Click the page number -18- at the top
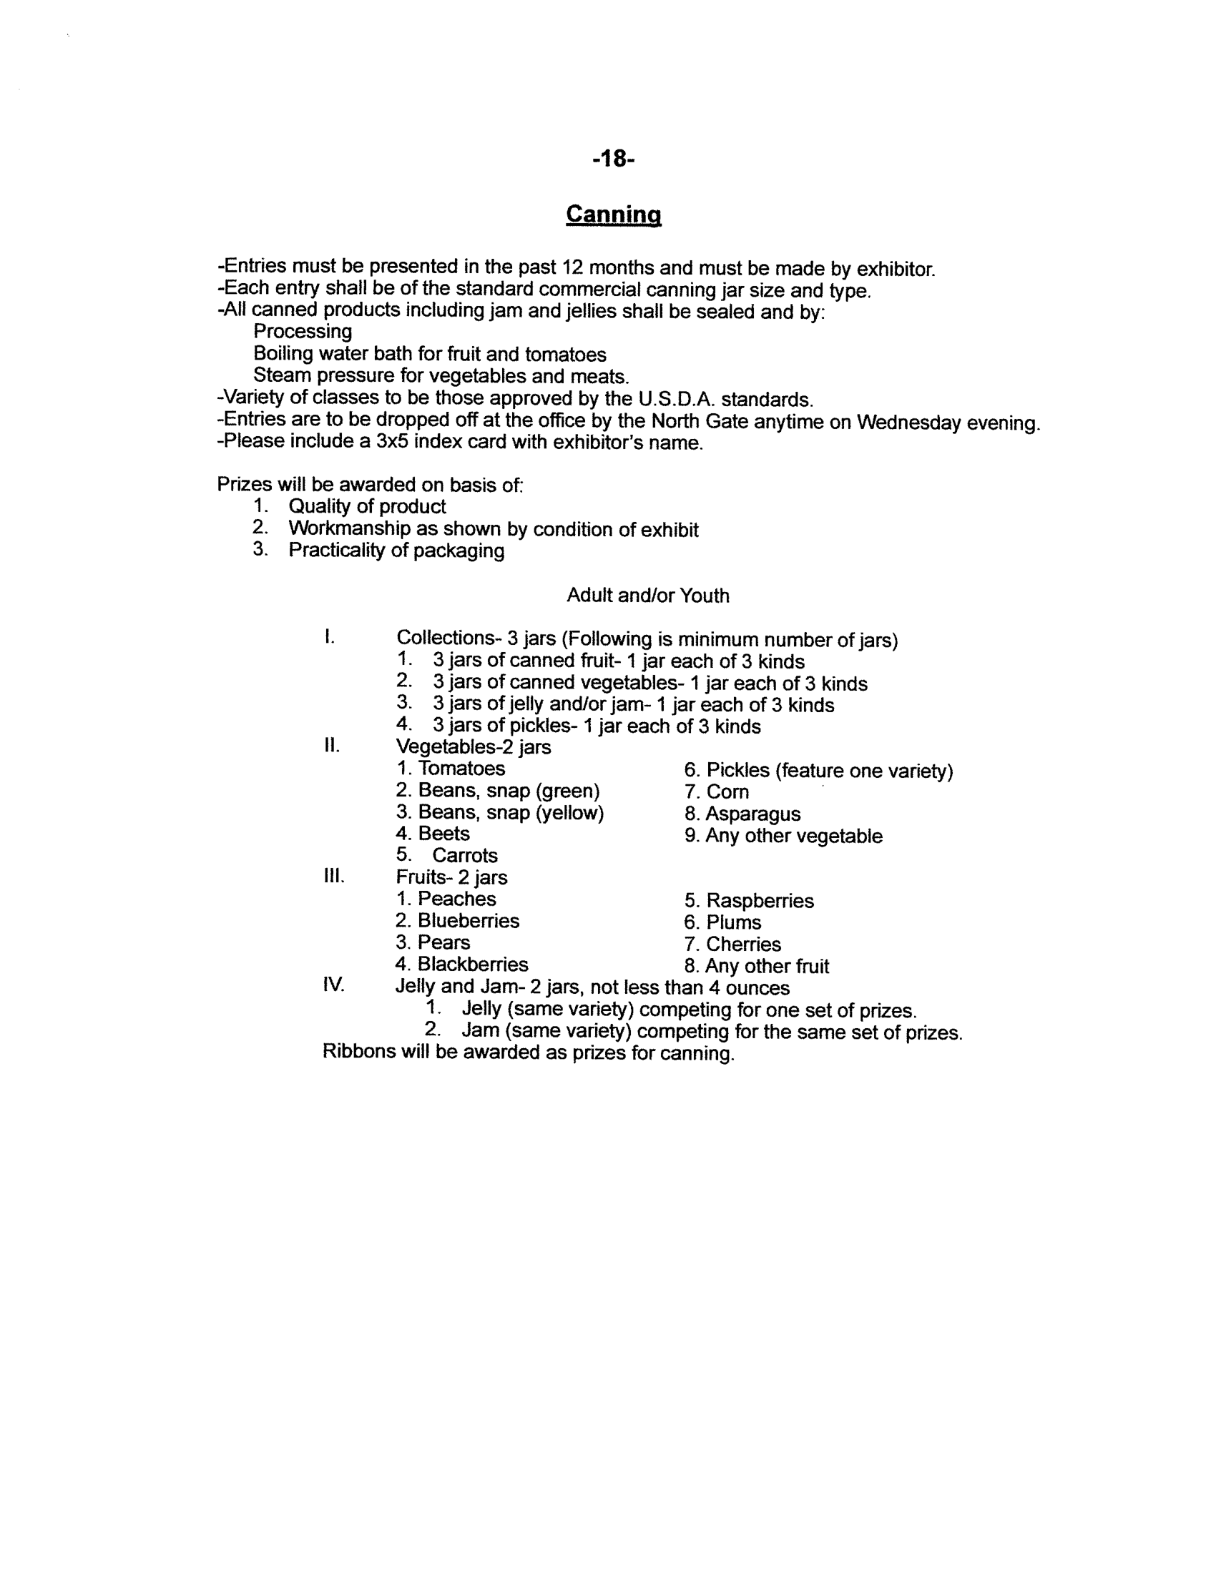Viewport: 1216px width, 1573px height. pyautogui.click(x=613, y=159)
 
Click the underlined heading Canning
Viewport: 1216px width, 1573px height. pyautogui.click(x=613, y=214)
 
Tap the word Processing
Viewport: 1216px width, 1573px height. pyautogui.click(x=303, y=332)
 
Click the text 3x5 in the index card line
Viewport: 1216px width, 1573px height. pyautogui.click(x=392, y=441)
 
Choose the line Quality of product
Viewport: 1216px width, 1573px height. pyautogui.click(x=367, y=506)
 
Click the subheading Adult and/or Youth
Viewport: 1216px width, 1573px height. pyautogui.click(x=647, y=596)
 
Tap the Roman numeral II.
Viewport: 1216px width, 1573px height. pyautogui.click(x=331, y=746)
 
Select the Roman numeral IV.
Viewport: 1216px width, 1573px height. pyautogui.click(x=333, y=985)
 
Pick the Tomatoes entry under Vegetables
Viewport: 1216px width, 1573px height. pyautogui.click(x=461, y=769)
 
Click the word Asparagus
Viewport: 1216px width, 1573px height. pyautogui.click(x=752, y=814)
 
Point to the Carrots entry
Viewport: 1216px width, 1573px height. pyautogui.click(x=465, y=856)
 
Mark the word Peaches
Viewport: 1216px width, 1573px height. pyautogui.click(x=457, y=899)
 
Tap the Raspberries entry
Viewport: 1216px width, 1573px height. pyautogui.click(x=760, y=901)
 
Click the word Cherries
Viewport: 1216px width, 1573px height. pyautogui.click(x=743, y=945)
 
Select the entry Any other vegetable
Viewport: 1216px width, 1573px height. pyautogui.click(x=793, y=837)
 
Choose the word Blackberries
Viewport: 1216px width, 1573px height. pyautogui.click(x=473, y=965)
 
